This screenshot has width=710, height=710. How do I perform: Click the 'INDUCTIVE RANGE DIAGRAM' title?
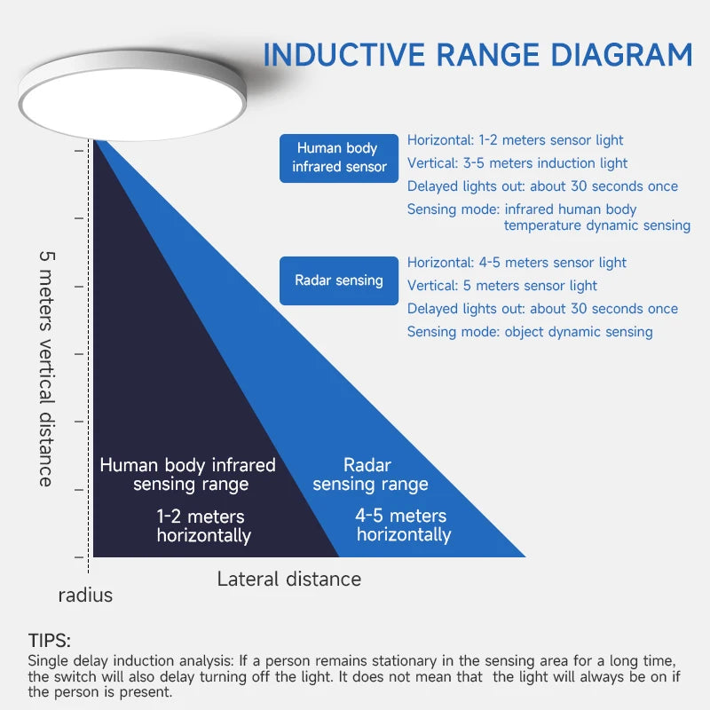pos(477,54)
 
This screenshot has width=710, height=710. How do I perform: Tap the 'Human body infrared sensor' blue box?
pos(339,158)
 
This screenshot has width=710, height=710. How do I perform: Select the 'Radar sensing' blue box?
pos(339,280)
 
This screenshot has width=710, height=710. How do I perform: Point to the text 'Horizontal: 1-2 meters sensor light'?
pos(515,140)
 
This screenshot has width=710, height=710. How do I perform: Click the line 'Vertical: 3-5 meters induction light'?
pos(517,163)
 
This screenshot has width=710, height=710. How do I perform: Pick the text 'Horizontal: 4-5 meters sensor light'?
pos(517,263)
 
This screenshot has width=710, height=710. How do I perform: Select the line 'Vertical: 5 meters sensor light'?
pos(502,286)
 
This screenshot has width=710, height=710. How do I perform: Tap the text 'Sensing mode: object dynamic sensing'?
pos(530,332)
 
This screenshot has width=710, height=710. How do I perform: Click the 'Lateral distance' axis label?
pos(289,580)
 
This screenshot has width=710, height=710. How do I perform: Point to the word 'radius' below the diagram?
pos(85,596)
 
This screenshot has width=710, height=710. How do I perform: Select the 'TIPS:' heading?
pos(49,641)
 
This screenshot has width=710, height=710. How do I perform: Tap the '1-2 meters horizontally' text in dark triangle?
pos(203,525)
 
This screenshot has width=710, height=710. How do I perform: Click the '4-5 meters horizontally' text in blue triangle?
pos(403,525)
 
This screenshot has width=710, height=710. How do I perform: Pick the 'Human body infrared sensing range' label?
pos(188,475)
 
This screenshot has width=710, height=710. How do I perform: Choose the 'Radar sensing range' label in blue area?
pos(370,475)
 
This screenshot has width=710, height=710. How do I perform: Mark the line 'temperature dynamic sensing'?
pos(596,225)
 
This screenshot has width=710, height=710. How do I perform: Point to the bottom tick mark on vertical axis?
pos(80,556)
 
